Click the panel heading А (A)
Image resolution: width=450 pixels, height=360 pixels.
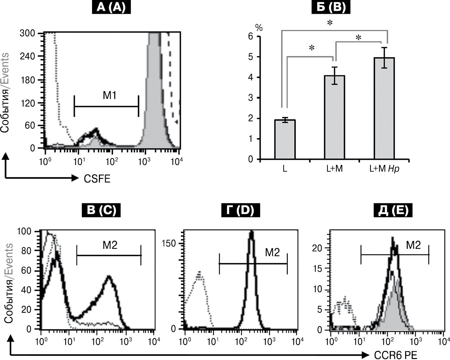pyautogui.click(x=111, y=7)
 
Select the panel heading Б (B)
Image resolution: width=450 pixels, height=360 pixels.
pyautogui.click(x=331, y=7)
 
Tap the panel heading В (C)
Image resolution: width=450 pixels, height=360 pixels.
pyautogui.click(x=102, y=210)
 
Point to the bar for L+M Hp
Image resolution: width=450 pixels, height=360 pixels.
pyautogui.click(x=384, y=109)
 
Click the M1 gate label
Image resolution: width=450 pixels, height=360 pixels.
pyautogui.click(x=110, y=95)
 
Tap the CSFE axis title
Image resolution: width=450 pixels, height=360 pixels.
pyautogui.click(x=97, y=179)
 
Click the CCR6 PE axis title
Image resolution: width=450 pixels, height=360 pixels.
pyautogui.click(x=395, y=355)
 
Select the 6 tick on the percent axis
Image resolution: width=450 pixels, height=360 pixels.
pyautogui.click(x=251, y=36)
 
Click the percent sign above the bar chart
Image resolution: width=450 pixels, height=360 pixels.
pyautogui.click(x=259, y=28)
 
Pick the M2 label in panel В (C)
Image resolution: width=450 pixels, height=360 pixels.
pyautogui.click(x=110, y=245)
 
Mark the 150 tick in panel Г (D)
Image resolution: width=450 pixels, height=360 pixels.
pyautogui.click(x=171, y=243)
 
